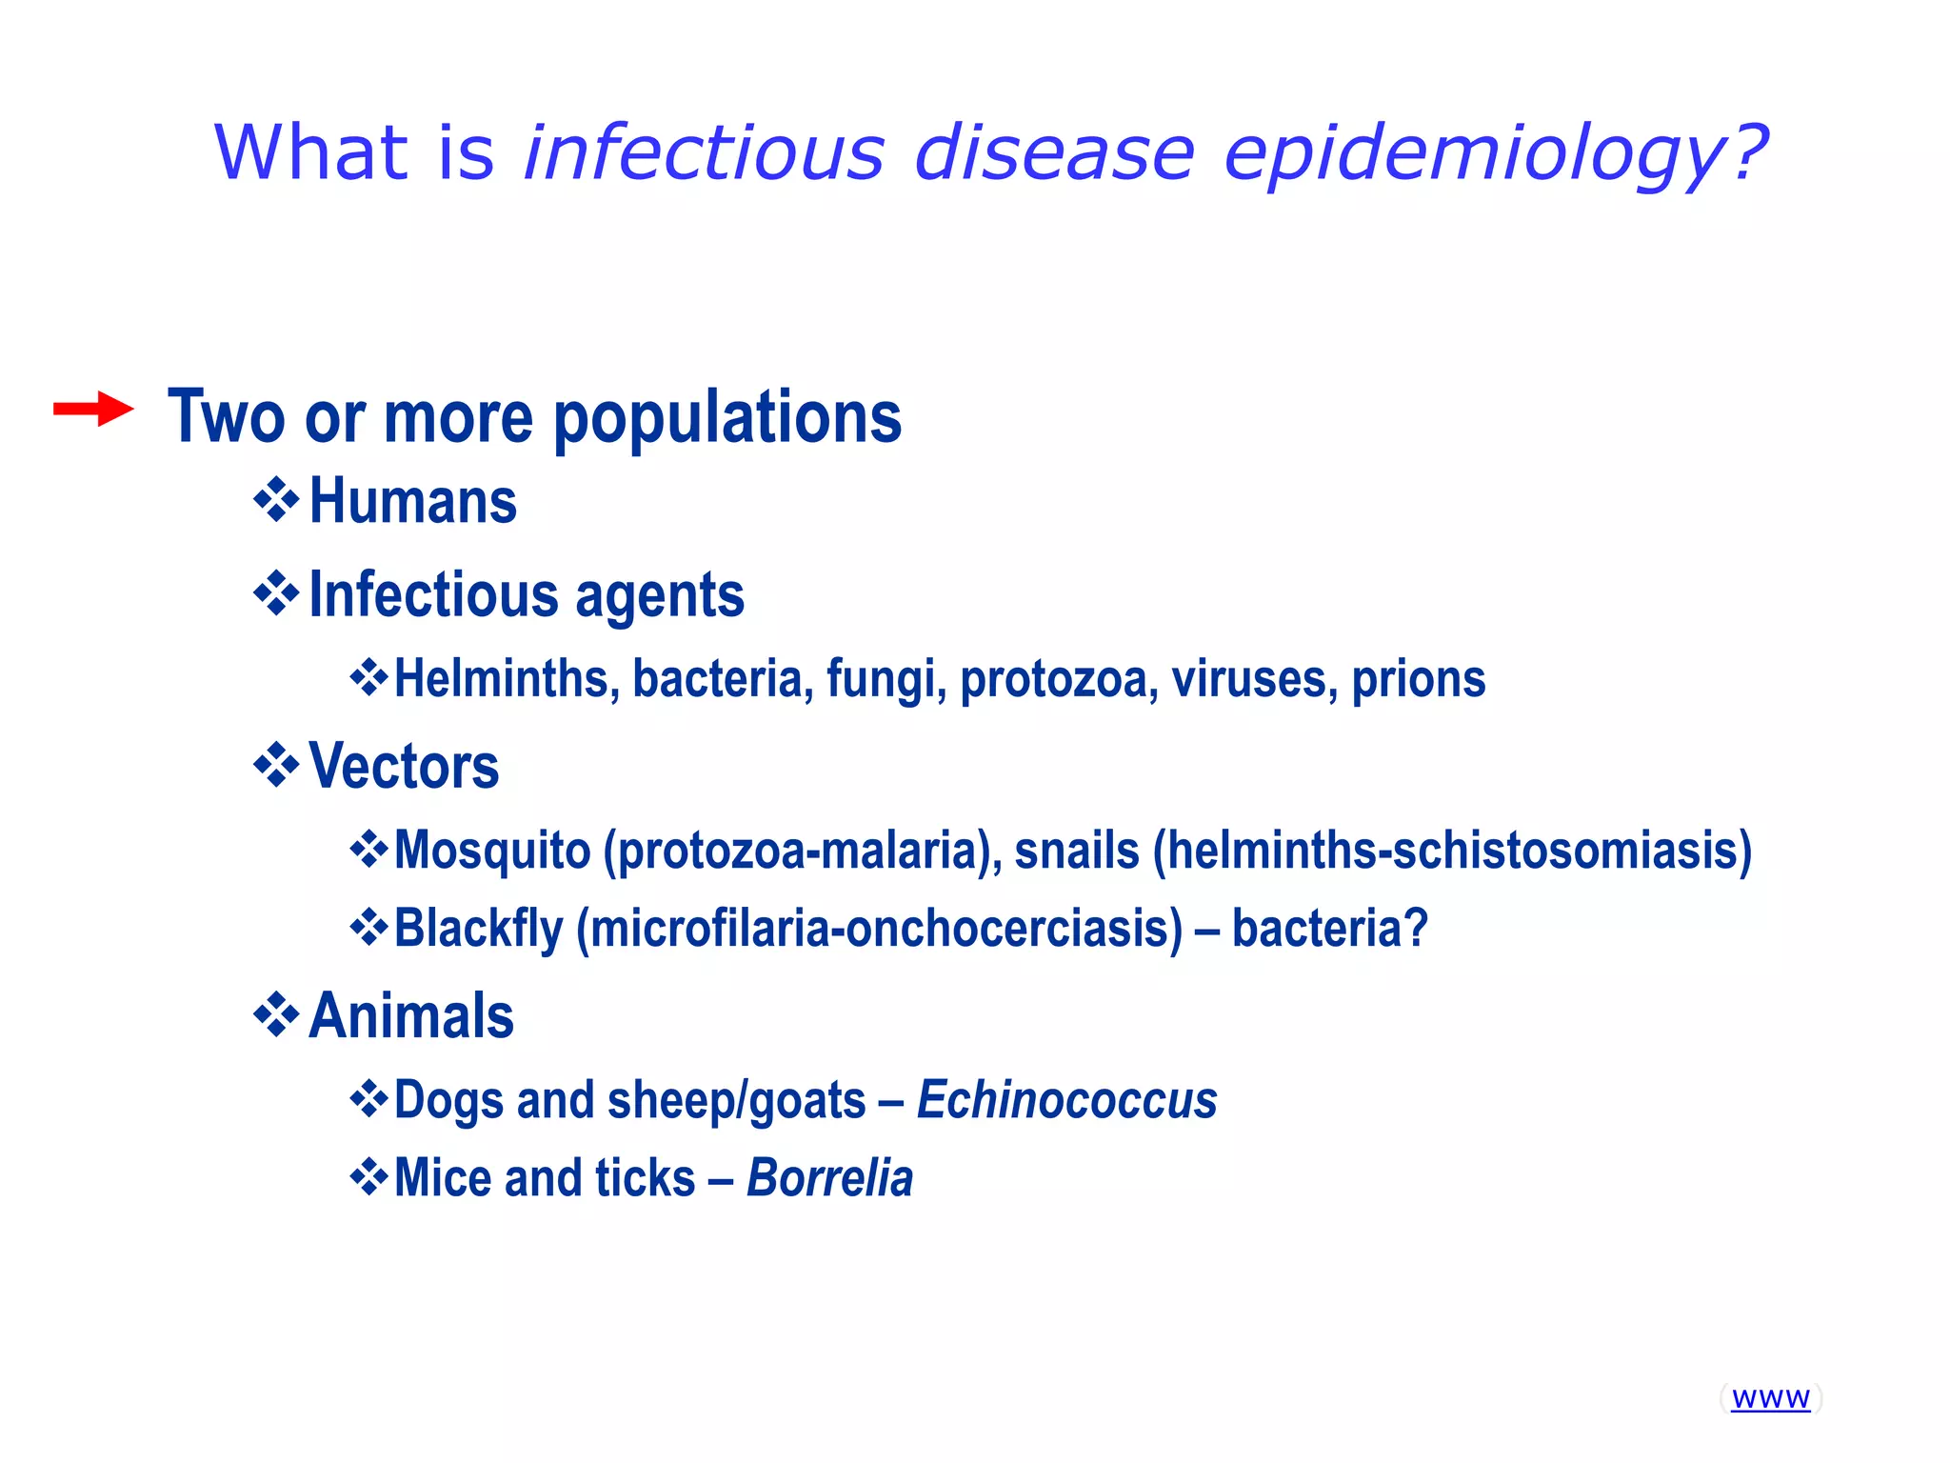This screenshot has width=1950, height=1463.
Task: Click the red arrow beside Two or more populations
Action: pos(92,410)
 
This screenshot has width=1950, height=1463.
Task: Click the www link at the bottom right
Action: pos(1770,1397)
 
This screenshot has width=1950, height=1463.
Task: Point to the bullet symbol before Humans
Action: pos(276,500)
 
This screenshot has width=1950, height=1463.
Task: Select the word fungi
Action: pos(885,679)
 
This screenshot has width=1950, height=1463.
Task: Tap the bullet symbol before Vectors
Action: pos(276,765)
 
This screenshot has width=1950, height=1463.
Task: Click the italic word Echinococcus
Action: pos(1066,1100)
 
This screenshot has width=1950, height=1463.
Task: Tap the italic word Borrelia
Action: pos(829,1178)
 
